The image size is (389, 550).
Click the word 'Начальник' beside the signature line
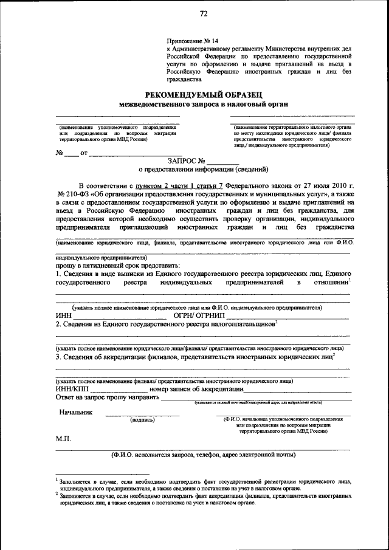(76, 412)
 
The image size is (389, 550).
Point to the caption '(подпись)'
(142, 419)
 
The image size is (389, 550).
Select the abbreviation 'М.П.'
(64, 438)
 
